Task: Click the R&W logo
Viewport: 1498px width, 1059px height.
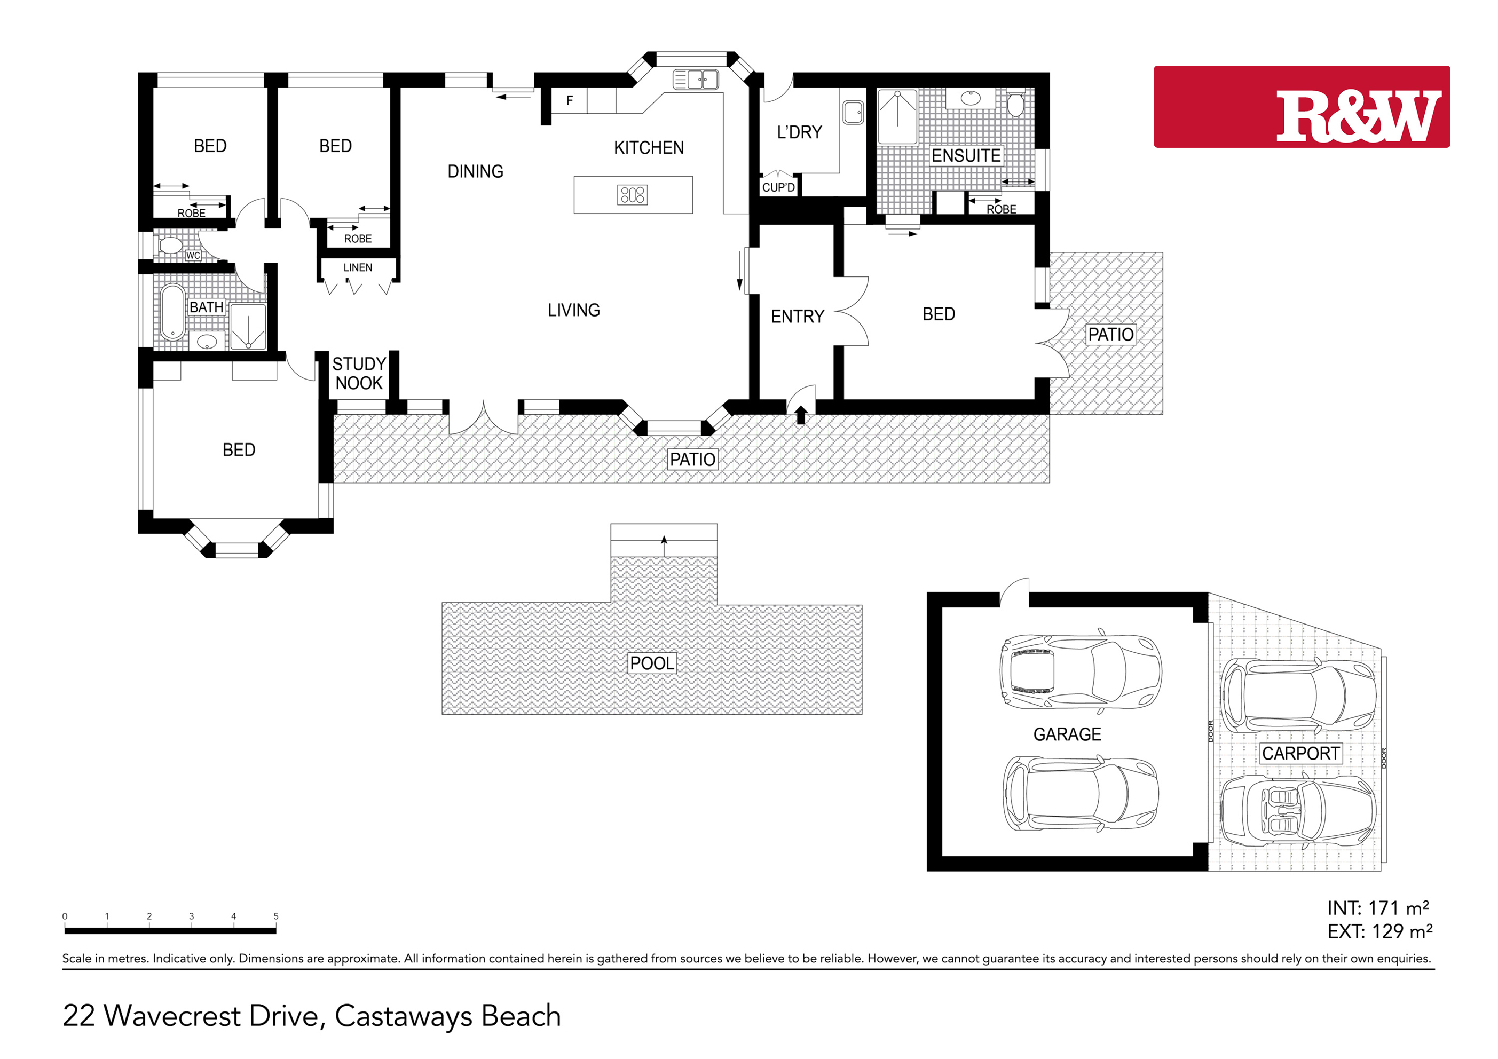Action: pos(1302,106)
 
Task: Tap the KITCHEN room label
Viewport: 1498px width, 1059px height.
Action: pos(649,148)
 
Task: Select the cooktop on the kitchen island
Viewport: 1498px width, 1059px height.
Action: pos(633,194)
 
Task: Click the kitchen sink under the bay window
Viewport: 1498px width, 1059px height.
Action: pos(696,80)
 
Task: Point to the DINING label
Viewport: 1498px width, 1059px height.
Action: pos(475,171)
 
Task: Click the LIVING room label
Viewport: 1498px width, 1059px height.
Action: pos(573,310)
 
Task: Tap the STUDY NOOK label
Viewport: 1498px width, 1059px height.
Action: pos(359,373)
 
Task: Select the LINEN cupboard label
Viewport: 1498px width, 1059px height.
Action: pos(358,267)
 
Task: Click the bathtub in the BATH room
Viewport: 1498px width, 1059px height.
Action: pos(173,312)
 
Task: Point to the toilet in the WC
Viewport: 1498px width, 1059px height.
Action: pos(170,246)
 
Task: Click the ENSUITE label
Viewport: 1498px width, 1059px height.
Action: pos(966,155)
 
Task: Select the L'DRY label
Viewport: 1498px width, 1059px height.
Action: pos(799,132)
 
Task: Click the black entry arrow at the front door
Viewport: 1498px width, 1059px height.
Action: pos(801,415)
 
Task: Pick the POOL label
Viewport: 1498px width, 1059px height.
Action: pos(652,663)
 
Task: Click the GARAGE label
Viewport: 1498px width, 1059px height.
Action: pos(1067,734)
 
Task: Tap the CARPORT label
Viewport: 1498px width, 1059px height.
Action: pos(1300,754)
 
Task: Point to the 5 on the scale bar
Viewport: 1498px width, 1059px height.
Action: pos(276,916)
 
